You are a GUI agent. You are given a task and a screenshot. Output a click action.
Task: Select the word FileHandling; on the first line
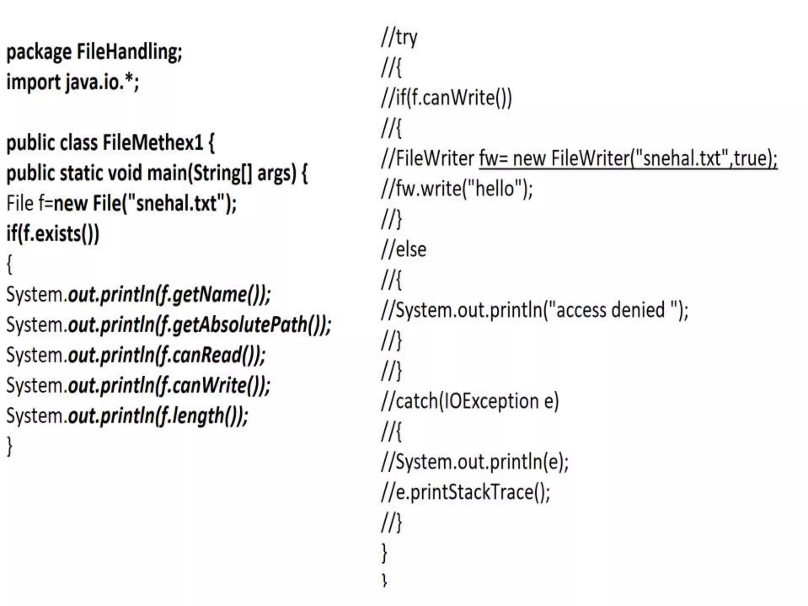(129, 52)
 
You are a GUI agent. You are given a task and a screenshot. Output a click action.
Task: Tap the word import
(33, 82)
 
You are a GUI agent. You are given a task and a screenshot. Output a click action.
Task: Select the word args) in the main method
(276, 173)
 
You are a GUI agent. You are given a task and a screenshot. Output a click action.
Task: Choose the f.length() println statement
(127, 416)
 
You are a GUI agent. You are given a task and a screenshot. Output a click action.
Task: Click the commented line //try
(399, 38)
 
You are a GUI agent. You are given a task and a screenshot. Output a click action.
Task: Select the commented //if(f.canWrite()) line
(446, 98)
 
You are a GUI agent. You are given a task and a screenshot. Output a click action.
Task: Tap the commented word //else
(404, 250)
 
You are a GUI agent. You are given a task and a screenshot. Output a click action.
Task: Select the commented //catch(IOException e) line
(469, 401)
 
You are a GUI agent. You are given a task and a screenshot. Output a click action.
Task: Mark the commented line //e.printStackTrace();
(465, 492)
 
